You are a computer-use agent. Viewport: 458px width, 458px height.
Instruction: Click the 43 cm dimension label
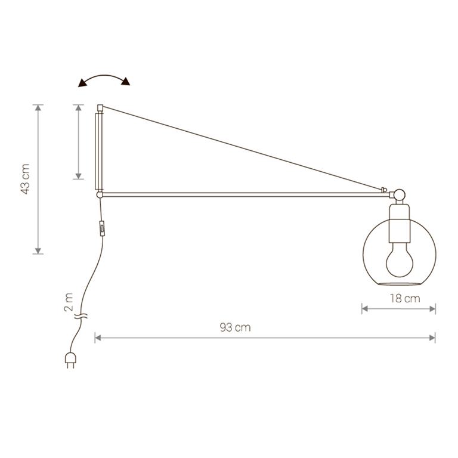(25, 179)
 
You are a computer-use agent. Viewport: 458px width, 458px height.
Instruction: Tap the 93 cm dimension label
(235, 327)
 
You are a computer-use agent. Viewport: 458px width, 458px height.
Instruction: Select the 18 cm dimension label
(405, 298)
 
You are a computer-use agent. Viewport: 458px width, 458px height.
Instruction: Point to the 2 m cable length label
(69, 302)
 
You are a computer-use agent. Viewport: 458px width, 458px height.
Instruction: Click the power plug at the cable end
(70, 360)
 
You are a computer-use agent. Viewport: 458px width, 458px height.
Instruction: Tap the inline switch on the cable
(102, 228)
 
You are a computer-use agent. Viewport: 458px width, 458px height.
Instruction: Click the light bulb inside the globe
(400, 260)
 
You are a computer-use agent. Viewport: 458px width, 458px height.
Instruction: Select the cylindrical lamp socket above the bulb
(400, 224)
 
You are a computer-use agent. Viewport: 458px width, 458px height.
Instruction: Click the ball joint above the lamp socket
(400, 195)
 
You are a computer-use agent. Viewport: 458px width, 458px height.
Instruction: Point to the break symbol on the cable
(81, 315)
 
